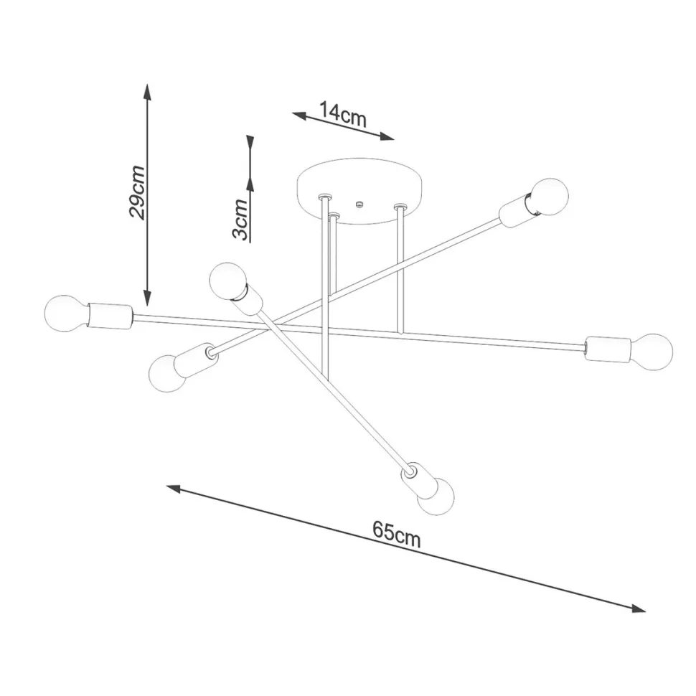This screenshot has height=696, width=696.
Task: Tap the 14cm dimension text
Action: coord(343,114)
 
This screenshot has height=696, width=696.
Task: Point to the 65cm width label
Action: coord(396,535)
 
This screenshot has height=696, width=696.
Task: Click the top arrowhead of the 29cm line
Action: coord(147,90)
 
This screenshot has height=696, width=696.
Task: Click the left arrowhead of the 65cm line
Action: coord(173,488)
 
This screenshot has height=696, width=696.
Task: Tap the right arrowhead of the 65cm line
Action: coord(638,608)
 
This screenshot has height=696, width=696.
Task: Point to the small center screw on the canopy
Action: coord(359,206)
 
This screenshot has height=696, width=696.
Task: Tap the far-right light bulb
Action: coord(654,352)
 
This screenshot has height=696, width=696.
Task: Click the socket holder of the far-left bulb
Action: coord(109,316)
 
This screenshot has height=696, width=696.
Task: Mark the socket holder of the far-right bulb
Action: coord(607,349)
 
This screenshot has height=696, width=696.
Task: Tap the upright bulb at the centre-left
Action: coord(228,281)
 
